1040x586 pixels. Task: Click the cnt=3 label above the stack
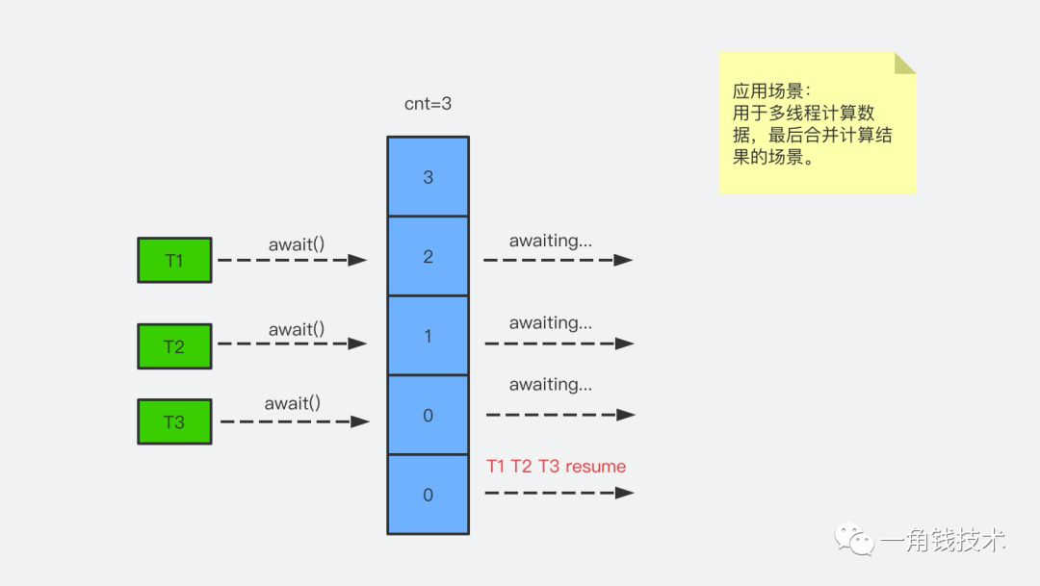[x=428, y=104]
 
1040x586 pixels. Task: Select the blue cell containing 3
[x=428, y=177]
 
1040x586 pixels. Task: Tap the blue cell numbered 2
[x=428, y=257]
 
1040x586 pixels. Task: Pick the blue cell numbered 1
[x=428, y=336]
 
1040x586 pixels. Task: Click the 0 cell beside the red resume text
[x=428, y=495]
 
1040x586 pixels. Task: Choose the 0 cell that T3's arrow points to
[x=428, y=416]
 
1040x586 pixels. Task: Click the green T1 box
[x=174, y=261]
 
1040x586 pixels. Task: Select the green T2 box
[x=174, y=346]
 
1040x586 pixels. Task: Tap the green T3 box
[x=174, y=422]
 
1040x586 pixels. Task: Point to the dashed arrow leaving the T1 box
[x=292, y=260]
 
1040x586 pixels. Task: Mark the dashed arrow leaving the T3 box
[x=294, y=421]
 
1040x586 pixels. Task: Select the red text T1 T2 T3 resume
[x=557, y=467]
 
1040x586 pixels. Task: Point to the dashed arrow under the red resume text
[x=559, y=493]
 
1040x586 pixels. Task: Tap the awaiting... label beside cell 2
[x=551, y=241]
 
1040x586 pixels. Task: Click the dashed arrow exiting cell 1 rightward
[x=559, y=344]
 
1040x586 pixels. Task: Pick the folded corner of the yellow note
[x=904, y=64]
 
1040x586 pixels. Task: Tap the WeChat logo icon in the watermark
[x=854, y=539]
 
